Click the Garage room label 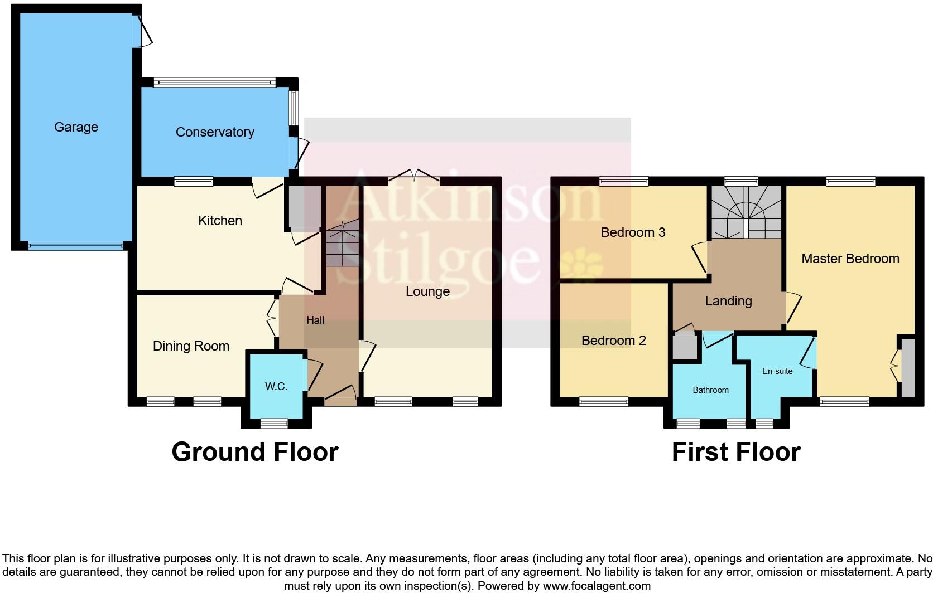coord(76,127)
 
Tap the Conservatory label coord(215,132)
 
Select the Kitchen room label coord(220,221)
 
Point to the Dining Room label coord(191,346)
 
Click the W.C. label coord(276,386)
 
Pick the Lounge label coord(427,291)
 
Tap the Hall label coord(315,320)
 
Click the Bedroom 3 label coord(633,232)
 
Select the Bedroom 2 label coord(613,341)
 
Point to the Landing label coord(728,301)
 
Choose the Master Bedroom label coord(850,259)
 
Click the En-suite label coord(777,371)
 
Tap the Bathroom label coord(710,390)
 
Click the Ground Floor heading coord(255,452)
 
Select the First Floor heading coord(735,452)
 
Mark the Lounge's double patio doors coord(413,177)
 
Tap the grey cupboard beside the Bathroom coord(684,347)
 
